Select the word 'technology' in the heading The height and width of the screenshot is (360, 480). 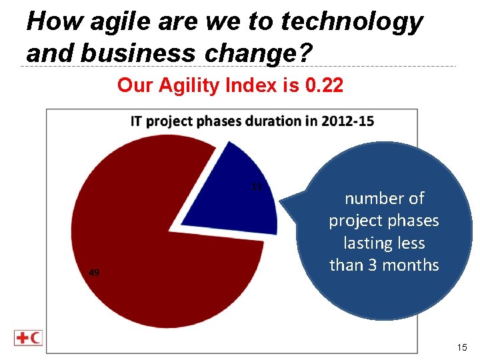click(x=352, y=22)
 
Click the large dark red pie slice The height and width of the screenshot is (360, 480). click(x=153, y=253)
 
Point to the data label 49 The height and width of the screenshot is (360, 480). click(x=95, y=272)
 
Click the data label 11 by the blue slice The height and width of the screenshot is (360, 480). click(x=256, y=187)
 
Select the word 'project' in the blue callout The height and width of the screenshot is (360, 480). click(x=359, y=221)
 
